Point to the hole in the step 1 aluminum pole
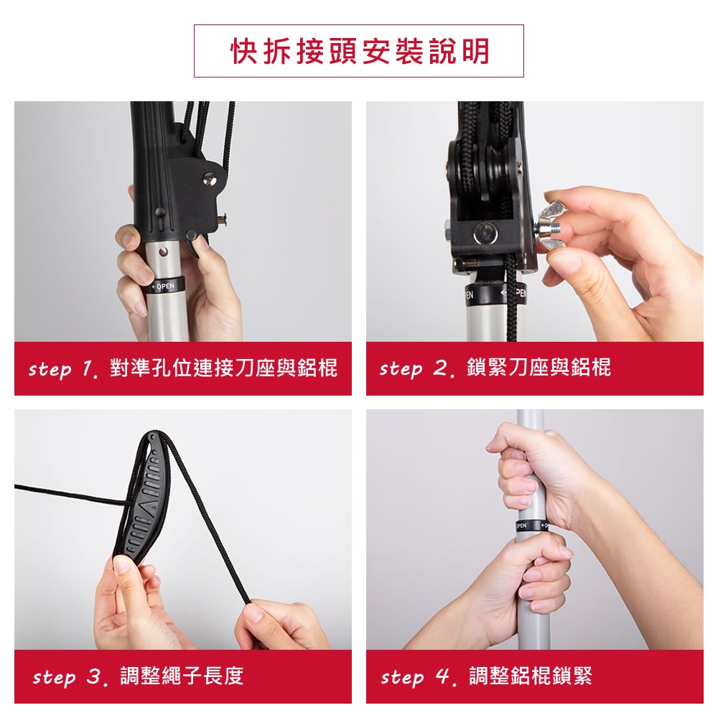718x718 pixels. tap(164, 252)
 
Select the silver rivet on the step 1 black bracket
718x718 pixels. tap(210, 179)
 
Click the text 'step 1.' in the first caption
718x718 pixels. tap(62, 368)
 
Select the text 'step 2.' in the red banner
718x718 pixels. tap(416, 368)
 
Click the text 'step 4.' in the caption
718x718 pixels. tap(419, 677)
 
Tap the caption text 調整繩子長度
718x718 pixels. tap(182, 676)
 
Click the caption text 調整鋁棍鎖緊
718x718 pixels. tap(531, 676)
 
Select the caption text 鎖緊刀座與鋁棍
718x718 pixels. tap(538, 367)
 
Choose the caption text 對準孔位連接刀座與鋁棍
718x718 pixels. tap(223, 368)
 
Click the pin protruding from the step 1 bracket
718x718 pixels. tap(224, 220)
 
